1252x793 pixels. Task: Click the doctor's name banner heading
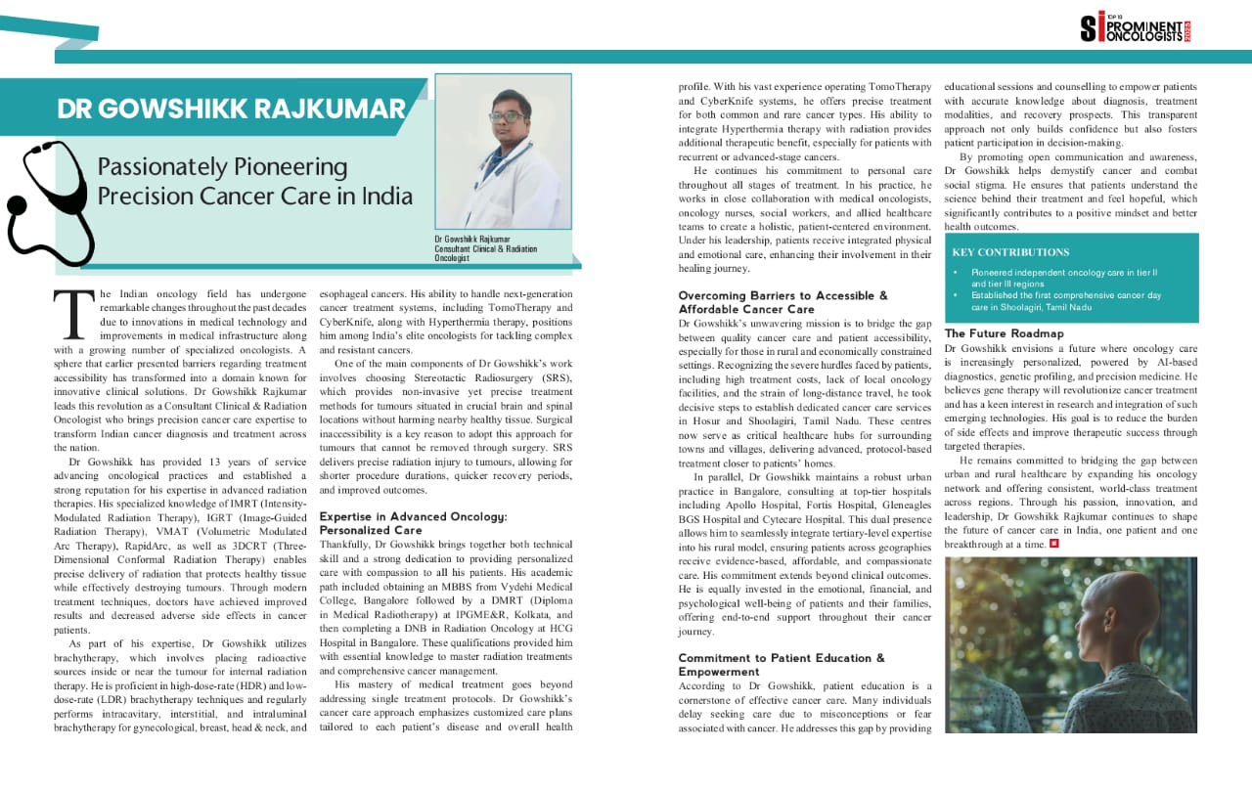click(231, 108)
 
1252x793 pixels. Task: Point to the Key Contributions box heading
click(1010, 252)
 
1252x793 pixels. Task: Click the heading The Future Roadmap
click(1004, 333)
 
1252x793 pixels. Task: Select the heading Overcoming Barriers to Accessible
click(782, 295)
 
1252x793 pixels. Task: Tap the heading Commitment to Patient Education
click(781, 658)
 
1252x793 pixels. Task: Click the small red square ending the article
click(1052, 544)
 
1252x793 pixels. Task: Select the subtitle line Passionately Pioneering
click(222, 166)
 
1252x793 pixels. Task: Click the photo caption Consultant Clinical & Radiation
click(486, 249)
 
